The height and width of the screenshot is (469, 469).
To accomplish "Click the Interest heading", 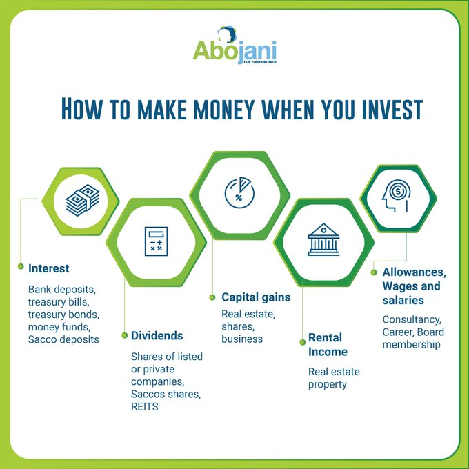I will point(49,268).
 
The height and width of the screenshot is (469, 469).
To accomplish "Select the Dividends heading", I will point(157,336).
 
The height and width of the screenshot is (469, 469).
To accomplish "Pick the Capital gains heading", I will point(256,297).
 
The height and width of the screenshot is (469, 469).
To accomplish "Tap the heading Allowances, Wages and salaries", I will point(415,286).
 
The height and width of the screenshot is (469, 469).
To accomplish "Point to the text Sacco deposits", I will point(63,339).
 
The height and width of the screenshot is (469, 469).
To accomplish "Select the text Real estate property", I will point(334,378).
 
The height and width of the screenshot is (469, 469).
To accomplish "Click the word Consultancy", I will point(412,320).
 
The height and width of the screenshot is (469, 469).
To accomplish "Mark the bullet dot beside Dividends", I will point(124,336).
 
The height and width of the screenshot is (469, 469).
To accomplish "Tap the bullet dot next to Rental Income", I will point(301,340).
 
